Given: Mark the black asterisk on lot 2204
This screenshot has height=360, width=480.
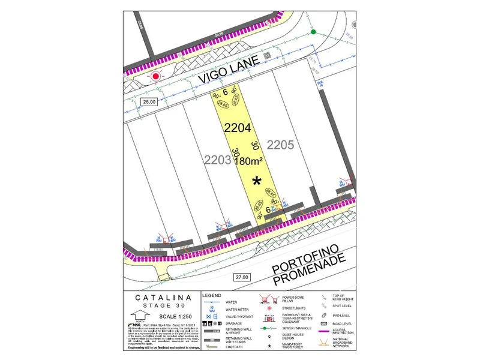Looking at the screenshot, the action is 257,181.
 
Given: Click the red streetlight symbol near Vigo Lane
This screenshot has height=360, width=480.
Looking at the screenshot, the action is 157,76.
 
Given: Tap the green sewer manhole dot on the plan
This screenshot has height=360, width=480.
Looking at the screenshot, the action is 313,32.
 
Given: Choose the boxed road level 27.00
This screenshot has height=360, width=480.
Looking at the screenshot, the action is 241,277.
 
